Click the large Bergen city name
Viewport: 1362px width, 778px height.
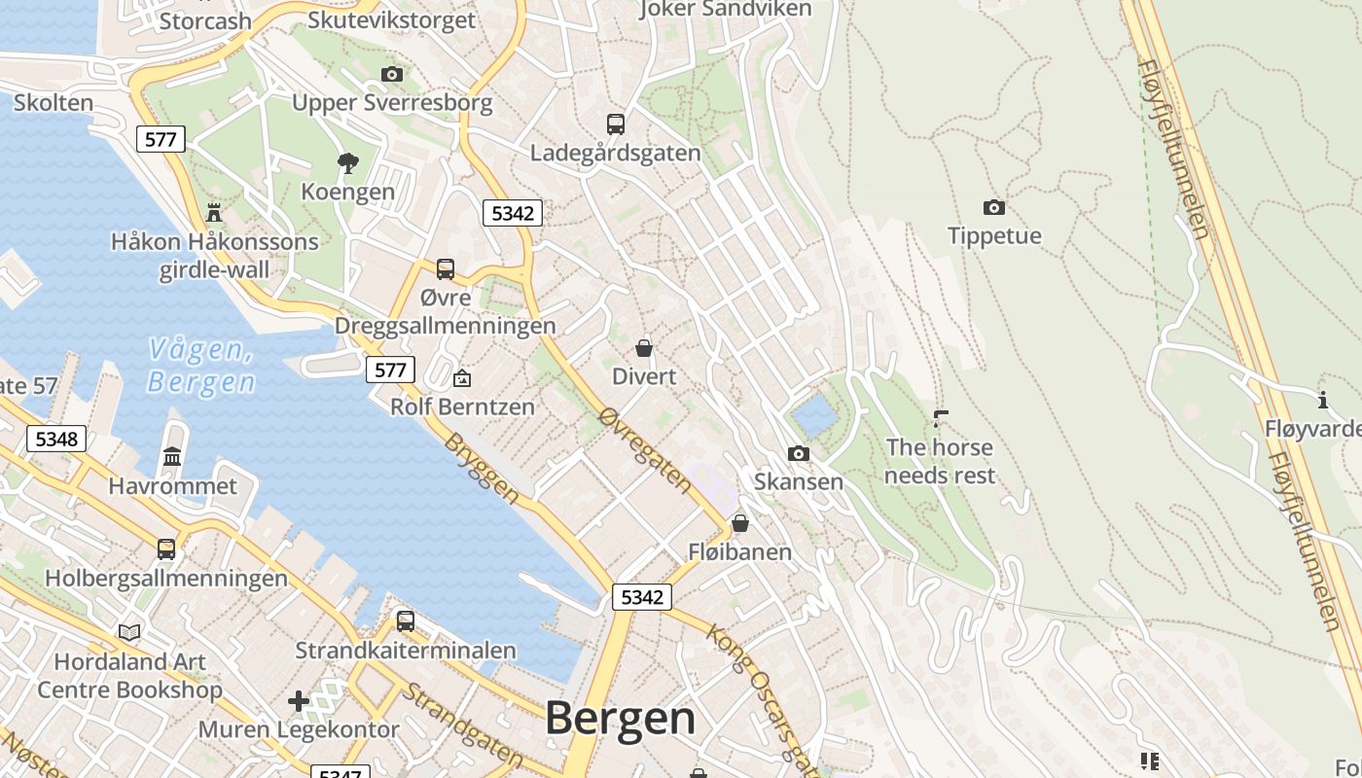(620, 719)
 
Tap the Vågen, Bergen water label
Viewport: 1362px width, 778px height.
(201, 366)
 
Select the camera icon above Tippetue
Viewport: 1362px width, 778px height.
(993, 207)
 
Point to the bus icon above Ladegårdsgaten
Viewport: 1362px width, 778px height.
(615, 124)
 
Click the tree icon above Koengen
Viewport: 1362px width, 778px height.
(347, 162)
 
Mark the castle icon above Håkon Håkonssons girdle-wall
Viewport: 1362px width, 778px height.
(214, 212)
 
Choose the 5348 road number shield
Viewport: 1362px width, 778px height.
(56, 439)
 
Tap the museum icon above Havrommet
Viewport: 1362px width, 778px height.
(172, 456)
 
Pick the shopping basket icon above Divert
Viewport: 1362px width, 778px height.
(643, 347)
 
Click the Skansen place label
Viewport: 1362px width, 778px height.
(799, 481)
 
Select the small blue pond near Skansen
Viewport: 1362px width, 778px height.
(814, 415)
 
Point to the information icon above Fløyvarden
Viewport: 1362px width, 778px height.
(1322, 400)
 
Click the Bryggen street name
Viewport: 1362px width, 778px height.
(482, 468)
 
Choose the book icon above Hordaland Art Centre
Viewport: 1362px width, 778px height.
(129, 632)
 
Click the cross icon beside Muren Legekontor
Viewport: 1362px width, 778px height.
(299, 700)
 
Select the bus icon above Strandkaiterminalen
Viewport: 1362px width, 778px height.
(405, 620)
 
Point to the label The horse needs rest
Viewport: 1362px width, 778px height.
(939, 461)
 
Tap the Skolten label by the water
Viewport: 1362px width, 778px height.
(54, 103)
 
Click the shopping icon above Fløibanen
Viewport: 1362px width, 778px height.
(740, 523)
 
